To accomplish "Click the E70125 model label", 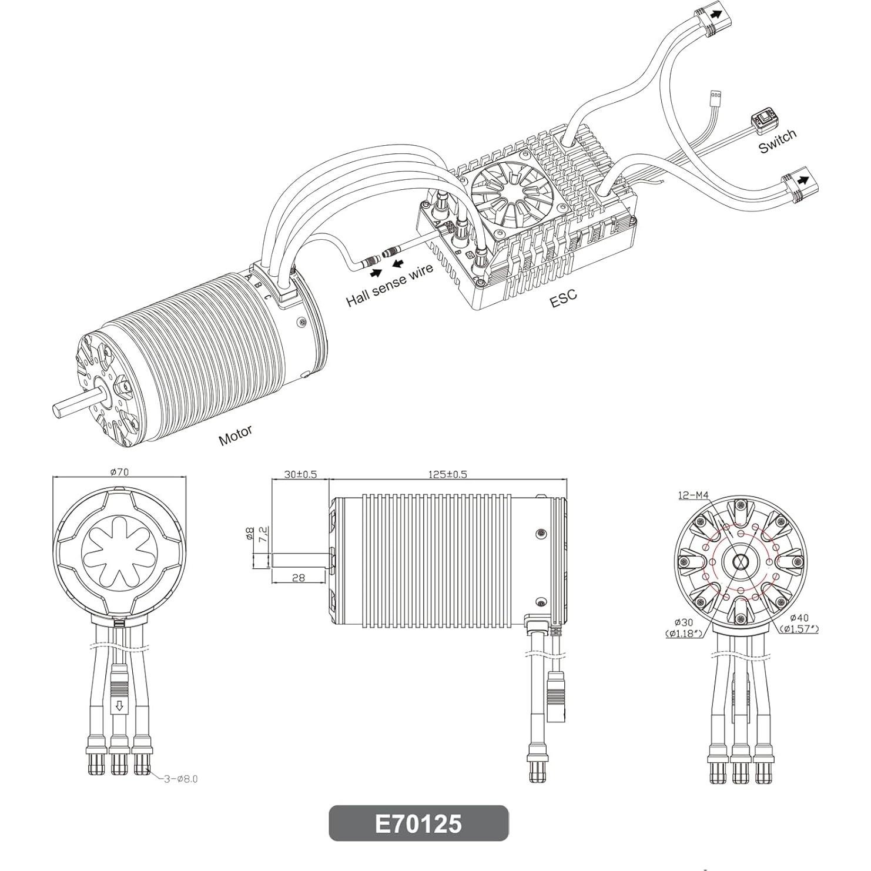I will point(418,823).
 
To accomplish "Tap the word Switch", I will point(777,140).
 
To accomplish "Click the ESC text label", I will point(563,299).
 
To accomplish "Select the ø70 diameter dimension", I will point(119,471).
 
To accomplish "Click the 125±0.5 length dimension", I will point(448,474).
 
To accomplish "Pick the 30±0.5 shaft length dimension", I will point(300,474).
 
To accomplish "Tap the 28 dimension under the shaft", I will point(299,578).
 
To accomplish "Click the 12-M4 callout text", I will point(692,495).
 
